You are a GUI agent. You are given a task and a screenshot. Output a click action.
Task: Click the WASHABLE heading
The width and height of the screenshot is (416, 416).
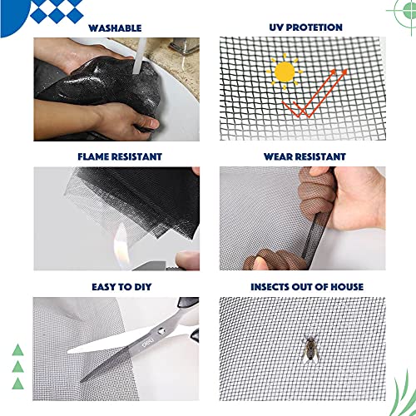[116, 27]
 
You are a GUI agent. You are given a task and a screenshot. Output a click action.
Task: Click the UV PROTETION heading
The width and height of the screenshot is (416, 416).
[305, 27]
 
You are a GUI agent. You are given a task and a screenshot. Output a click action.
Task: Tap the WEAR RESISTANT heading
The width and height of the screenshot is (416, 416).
[305, 156]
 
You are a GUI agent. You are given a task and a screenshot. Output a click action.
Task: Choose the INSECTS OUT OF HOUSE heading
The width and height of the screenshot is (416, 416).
[305, 287]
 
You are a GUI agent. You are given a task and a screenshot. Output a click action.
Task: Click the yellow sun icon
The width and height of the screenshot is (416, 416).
[285, 73]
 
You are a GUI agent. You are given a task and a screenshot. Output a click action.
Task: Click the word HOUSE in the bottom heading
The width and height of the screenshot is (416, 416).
[346, 287]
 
